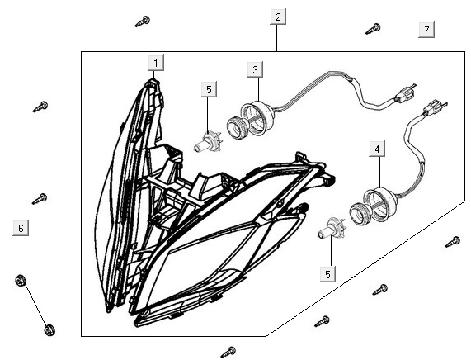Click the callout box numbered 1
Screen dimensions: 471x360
[156, 63]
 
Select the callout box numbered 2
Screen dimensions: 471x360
[278, 17]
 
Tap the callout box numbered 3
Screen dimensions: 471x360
[255, 69]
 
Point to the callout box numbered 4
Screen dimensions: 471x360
[377, 149]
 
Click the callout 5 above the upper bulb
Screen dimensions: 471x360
[209, 89]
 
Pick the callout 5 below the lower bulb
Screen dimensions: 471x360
[327, 274]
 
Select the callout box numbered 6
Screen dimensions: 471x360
[21, 228]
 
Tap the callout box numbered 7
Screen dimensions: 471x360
[426, 30]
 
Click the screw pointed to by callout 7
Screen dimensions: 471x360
[373, 29]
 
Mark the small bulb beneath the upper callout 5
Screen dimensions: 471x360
[207, 142]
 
